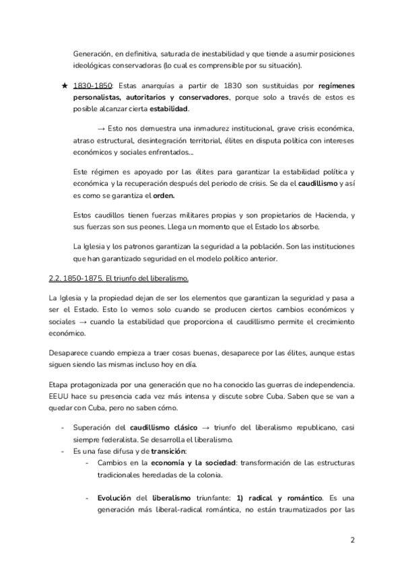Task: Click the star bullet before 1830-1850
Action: coord(63,87)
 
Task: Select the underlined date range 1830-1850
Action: coord(92,87)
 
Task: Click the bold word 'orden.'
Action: coord(160,196)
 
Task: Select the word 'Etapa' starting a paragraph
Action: coord(61,384)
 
